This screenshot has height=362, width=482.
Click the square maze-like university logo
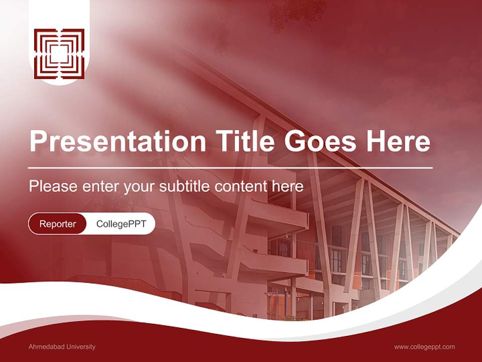(x=59, y=54)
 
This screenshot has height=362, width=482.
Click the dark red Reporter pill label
(x=57, y=224)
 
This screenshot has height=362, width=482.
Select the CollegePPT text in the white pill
(x=120, y=224)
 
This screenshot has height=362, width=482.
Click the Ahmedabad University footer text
(x=62, y=347)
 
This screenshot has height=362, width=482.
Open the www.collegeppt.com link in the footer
(x=424, y=347)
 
